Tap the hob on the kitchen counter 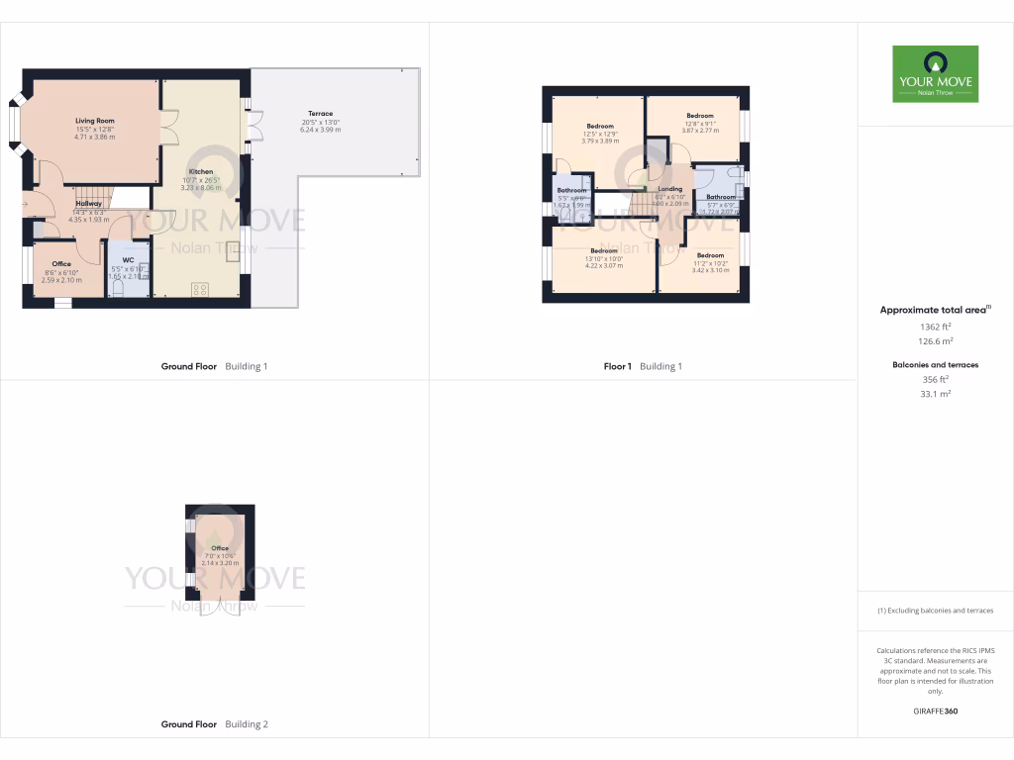[199, 290]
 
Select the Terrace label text [320, 114]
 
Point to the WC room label [128, 260]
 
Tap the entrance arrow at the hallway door [25, 205]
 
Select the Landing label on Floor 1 [670, 188]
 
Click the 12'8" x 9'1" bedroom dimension [700, 123]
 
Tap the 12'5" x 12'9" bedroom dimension [600, 134]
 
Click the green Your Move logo [935, 73]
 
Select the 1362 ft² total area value [936, 326]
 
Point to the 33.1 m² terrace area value [936, 394]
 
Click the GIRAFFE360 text [936, 711]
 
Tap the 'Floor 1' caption [618, 366]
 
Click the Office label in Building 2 [220, 548]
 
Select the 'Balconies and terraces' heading [936, 365]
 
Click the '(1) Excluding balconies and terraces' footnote [936, 611]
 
